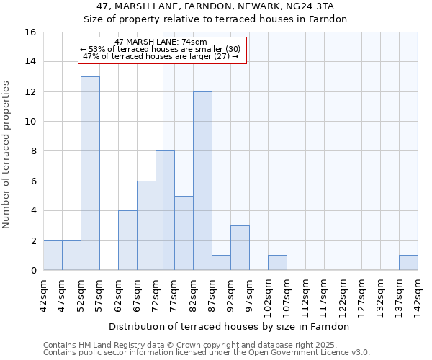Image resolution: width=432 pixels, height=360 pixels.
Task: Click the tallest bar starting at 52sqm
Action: pyautogui.click(x=90, y=174)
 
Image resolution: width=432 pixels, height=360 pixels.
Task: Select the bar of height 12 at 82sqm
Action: pyautogui.click(x=202, y=181)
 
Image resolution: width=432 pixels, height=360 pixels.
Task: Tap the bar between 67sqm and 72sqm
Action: pyautogui.click(x=146, y=225)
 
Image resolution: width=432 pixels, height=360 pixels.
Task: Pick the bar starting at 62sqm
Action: pyautogui.click(x=127, y=240)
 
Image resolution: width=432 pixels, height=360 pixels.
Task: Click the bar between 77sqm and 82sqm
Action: pyautogui.click(x=184, y=233)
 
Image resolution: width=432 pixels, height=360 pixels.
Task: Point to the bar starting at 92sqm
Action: pyautogui.click(x=240, y=248)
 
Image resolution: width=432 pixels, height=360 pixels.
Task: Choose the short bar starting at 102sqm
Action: pyautogui.click(x=277, y=263)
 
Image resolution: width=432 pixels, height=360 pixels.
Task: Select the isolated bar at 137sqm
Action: pyautogui.click(x=408, y=263)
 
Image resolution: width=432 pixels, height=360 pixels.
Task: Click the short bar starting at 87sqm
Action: pyautogui.click(x=221, y=263)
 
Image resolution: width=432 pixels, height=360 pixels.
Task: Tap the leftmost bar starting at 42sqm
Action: pyautogui.click(x=53, y=256)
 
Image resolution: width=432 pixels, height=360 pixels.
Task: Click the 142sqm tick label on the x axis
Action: pyautogui.click(x=418, y=294)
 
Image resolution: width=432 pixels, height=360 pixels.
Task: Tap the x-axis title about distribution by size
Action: pyautogui.click(x=230, y=326)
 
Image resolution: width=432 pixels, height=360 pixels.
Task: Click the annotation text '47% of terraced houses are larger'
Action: pyautogui.click(x=161, y=56)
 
